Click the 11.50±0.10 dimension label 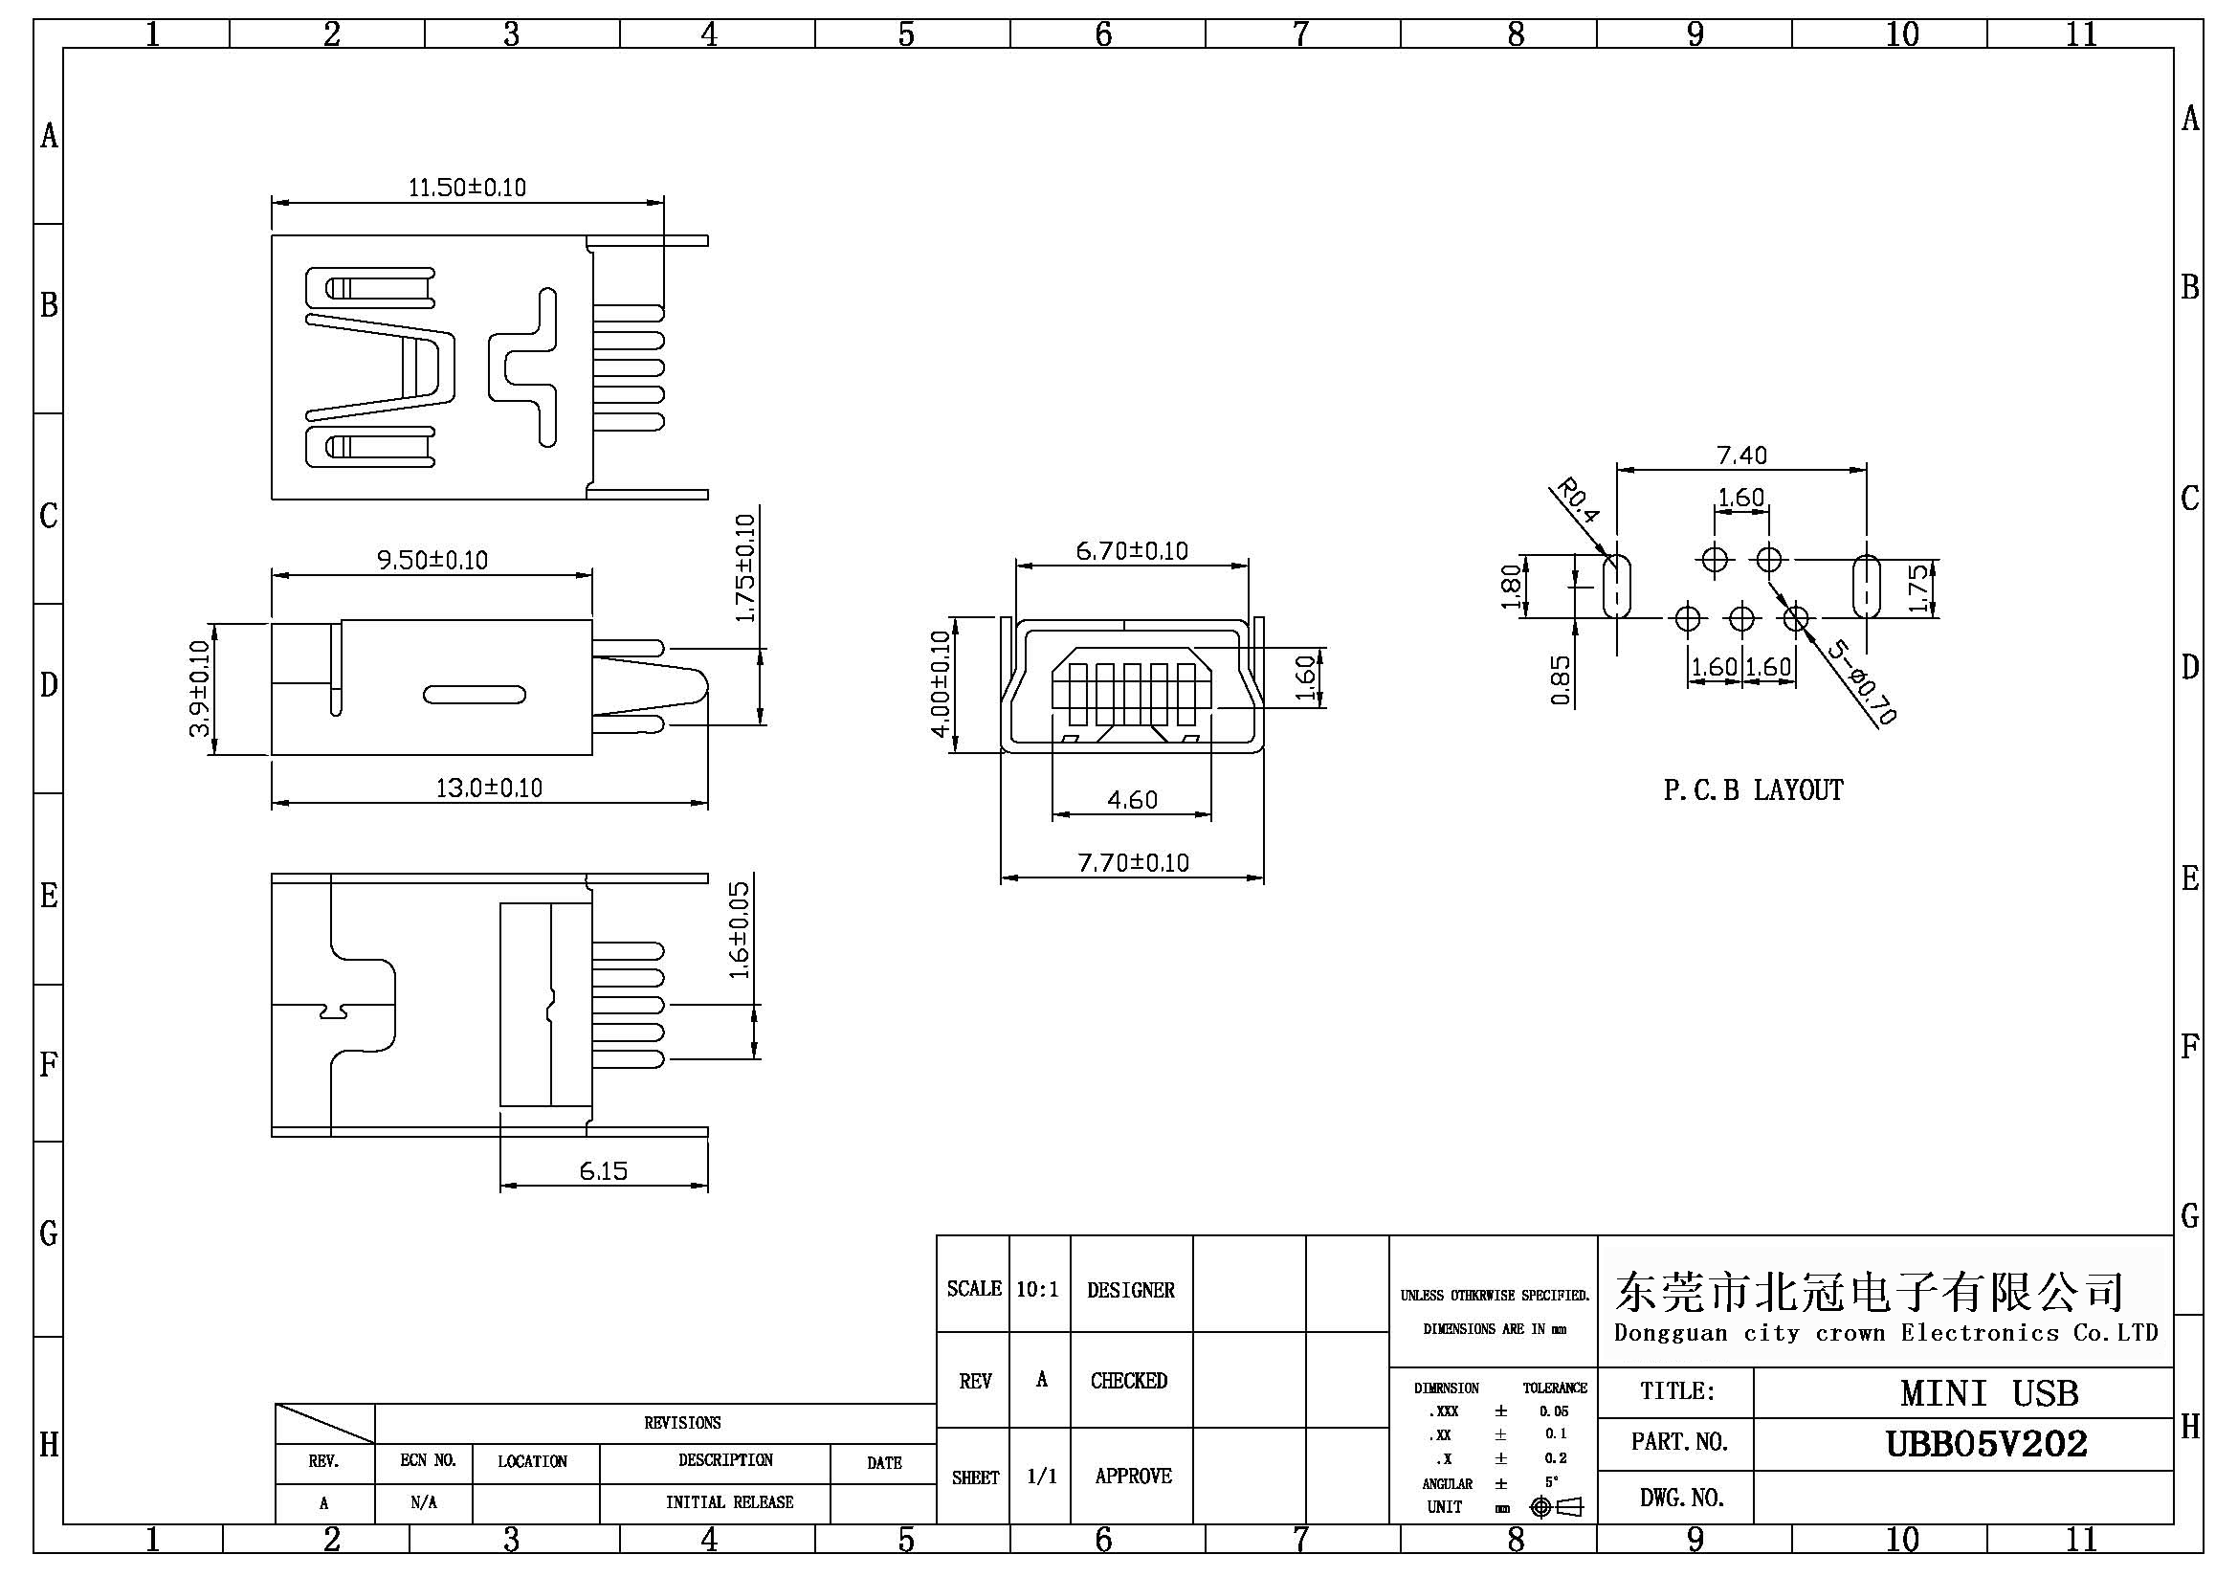click(x=467, y=187)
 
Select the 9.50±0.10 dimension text click(x=432, y=560)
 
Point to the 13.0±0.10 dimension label click(x=488, y=787)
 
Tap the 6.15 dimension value click(x=604, y=1170)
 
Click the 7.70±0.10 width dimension click(x=1133, y=862)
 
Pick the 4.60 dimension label click(x=1132, y=800)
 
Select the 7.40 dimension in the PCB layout click(x=1740, y=455)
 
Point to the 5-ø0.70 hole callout click(x=1861, y=681)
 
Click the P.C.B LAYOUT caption click(x=1753, y=789)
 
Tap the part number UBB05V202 click(x=1986, y=1443)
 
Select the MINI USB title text click(x=1988, y=1392)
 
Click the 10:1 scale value click(x=1037, y=1290)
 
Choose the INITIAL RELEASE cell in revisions click(x=729, y=1502)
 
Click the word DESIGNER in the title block click(x=1131, y=1290)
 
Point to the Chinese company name click(x=1869, y=1292)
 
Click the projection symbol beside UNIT click(x=1557, y=1507)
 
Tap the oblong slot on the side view click(x=475, y=695)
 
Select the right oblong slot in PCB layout click(x=1866, y=587)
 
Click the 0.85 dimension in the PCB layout click(x=1561, y=679)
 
